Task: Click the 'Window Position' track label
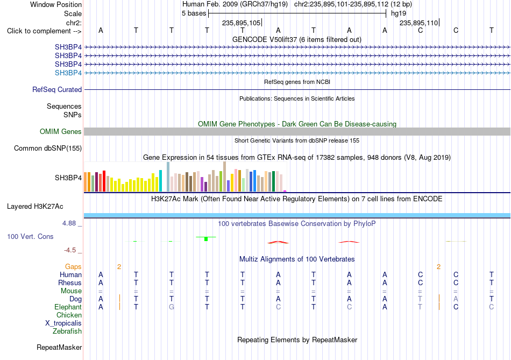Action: pos(56,4)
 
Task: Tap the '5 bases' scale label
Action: pos(194,13)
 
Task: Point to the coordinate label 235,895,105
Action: pos(241,23)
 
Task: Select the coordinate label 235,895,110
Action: pos(419,23)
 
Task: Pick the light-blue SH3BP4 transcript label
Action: pos(68,73)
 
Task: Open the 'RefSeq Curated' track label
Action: pos(57,89)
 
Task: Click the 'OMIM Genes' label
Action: pos(61,131)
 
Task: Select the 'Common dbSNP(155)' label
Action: pos(48,149)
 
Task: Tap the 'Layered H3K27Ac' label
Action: pos(35,207)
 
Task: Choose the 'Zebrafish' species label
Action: pos(67,331)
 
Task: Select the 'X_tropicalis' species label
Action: pos(63,323)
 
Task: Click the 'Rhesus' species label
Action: pos(70,283)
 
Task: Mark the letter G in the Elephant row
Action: pos(172,307)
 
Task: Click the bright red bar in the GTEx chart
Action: pos(104,181)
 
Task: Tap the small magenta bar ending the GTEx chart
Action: pos(285,191)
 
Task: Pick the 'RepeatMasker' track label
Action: pos(59,348)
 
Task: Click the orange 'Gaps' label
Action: pos(73,267)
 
